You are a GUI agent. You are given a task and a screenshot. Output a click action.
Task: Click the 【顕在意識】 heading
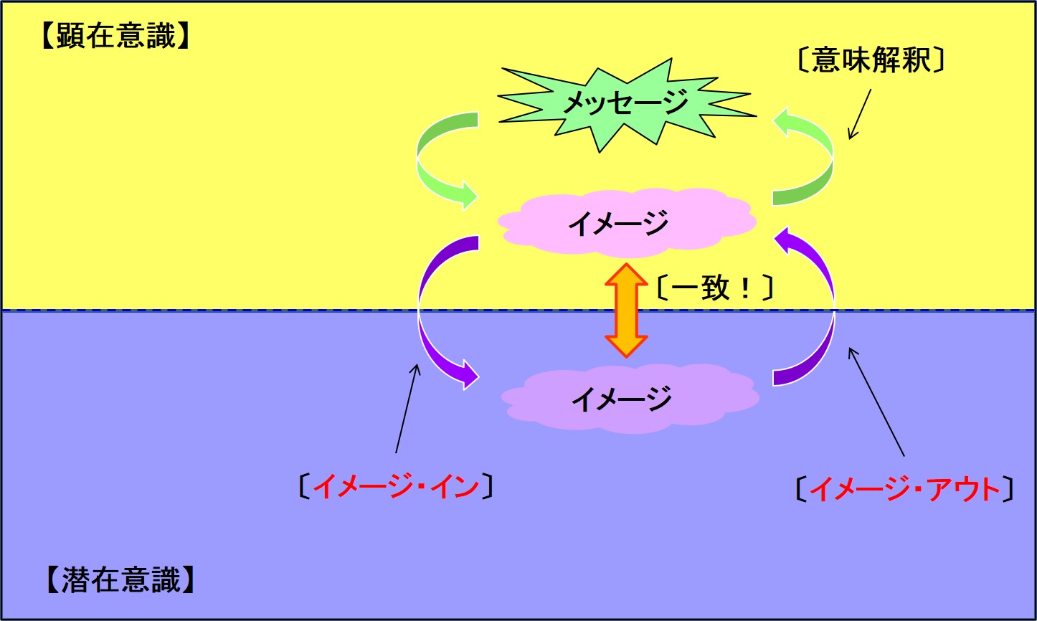coord(115,36)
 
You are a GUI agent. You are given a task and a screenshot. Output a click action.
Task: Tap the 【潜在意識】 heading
coord(120,579)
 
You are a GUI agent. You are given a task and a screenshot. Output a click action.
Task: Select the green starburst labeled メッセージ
coord(628,105)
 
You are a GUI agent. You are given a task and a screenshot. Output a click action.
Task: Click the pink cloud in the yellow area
coord(627,222)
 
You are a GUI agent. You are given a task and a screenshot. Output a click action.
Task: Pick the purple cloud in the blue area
coord(630,399)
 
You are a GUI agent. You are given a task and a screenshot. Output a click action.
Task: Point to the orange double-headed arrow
coord(626,310)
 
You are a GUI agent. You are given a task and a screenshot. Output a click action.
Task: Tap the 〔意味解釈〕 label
coord(871,60)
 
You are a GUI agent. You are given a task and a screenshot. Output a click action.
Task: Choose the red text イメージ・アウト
coord(905,489)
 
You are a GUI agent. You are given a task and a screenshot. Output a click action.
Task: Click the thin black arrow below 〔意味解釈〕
coord(860,114)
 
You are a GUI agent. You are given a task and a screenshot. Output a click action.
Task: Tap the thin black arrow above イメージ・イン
coord(408,409)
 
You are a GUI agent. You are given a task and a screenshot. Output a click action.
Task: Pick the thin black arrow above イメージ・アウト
coord(876,402)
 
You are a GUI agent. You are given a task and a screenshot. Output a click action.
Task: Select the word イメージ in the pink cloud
coord(618,223)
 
